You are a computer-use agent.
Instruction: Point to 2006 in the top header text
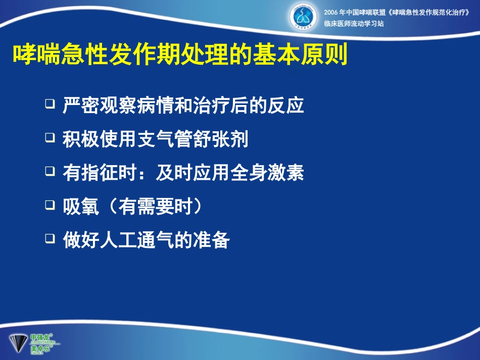pos(331,12)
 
